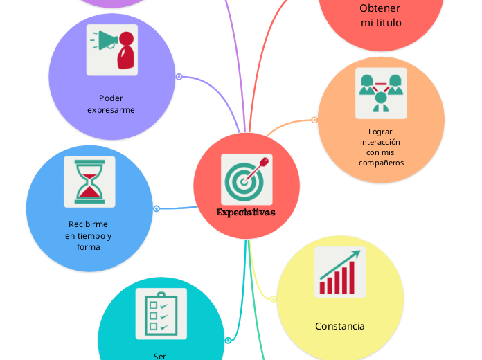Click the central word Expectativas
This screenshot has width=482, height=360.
[246, 212]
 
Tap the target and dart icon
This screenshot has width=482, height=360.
[247, 179]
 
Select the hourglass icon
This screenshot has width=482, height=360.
[89, 181]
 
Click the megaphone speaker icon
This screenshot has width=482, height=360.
[112, 50]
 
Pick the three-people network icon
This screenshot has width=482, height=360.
[381, 93]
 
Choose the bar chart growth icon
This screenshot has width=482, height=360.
[340, 272]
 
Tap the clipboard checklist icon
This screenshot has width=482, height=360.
[161, 314]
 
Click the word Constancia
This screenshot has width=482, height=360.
[339, 326]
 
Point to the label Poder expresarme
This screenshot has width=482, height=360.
[111, 104]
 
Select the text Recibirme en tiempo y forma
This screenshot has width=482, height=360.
[88, 235]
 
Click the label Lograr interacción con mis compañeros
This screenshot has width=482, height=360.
[381, 147]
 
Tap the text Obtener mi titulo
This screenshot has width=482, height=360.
[381, 15]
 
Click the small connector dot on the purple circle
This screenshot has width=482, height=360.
[179, 77]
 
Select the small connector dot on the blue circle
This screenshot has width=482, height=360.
[157, 209]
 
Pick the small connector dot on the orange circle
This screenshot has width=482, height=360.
[314, 120]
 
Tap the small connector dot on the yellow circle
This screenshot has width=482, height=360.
[274, 299]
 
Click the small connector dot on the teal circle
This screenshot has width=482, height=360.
[228, 341]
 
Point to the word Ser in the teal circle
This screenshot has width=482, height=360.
[159, 357]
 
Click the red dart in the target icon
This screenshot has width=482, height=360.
[257, 170]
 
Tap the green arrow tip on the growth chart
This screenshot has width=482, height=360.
[357, 253]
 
